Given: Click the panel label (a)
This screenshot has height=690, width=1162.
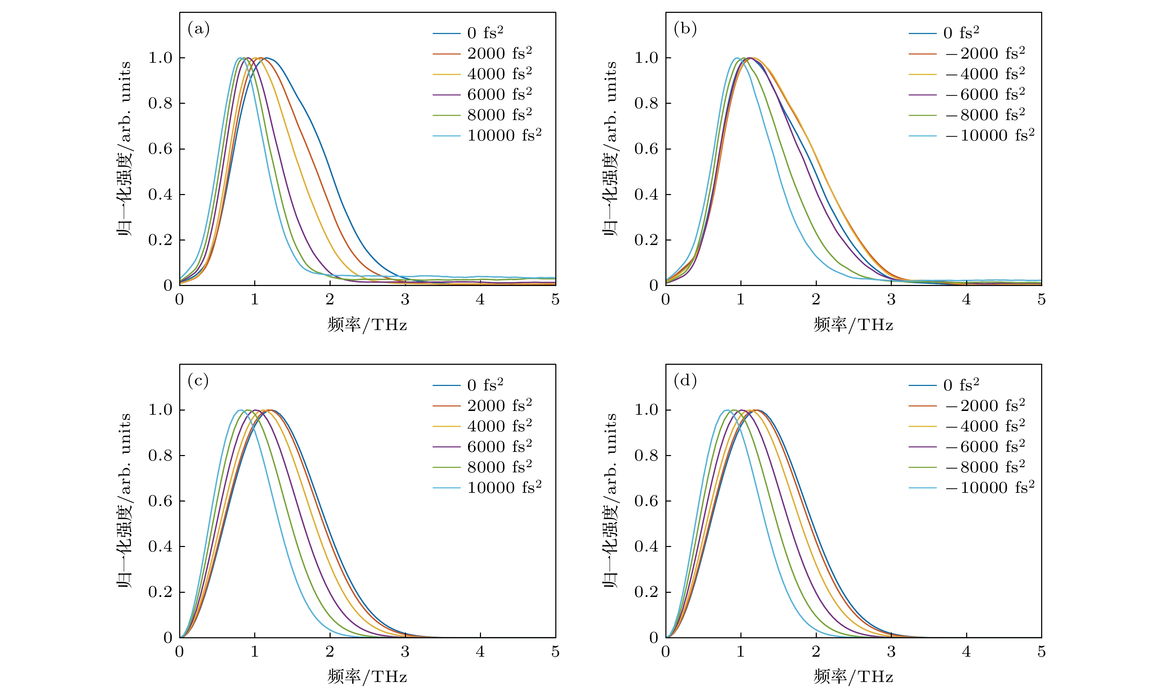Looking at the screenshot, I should click(199, 29).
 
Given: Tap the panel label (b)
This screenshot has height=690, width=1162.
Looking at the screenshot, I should click(685, 29).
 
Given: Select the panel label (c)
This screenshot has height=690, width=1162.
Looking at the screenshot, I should click(198, 381).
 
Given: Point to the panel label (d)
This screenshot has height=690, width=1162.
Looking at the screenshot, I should click(685, 381).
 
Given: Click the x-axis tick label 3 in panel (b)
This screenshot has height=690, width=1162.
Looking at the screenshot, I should click(891, 300).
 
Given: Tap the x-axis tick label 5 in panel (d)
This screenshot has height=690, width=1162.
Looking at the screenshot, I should click(1041, 652).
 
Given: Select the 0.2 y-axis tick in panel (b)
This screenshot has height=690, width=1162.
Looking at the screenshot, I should click(647, 240).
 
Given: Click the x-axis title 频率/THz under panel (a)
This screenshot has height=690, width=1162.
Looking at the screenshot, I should click(367, 325).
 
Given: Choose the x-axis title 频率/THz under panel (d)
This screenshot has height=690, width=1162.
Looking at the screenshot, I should click(853, 676).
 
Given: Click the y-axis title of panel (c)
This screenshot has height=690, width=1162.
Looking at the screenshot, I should click(125, 501).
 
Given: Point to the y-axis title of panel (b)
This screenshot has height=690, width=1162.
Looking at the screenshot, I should click(611, 149).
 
